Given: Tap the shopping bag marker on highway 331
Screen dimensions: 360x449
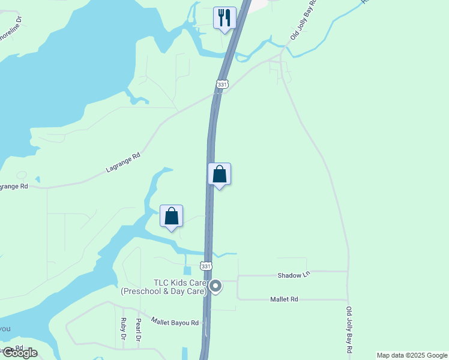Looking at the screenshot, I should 219,174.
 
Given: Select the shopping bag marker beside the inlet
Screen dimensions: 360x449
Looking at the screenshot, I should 171,216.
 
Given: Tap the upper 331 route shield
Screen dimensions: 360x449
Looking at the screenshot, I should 222,85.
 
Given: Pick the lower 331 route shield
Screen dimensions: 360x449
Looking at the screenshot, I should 206,266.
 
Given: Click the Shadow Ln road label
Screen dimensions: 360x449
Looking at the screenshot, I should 294,275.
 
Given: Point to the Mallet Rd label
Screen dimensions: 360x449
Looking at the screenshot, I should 284,299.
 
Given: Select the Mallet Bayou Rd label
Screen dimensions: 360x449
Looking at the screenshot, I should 175,322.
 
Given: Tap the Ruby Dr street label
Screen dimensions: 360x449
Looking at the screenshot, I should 123,329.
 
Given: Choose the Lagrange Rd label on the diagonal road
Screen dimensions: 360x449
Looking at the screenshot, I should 123,163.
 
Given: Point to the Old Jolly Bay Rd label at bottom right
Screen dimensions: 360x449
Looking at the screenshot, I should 349,329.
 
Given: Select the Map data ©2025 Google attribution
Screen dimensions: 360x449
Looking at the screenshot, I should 412,355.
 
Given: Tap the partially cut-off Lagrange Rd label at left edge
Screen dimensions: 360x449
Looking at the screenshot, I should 13,186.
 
